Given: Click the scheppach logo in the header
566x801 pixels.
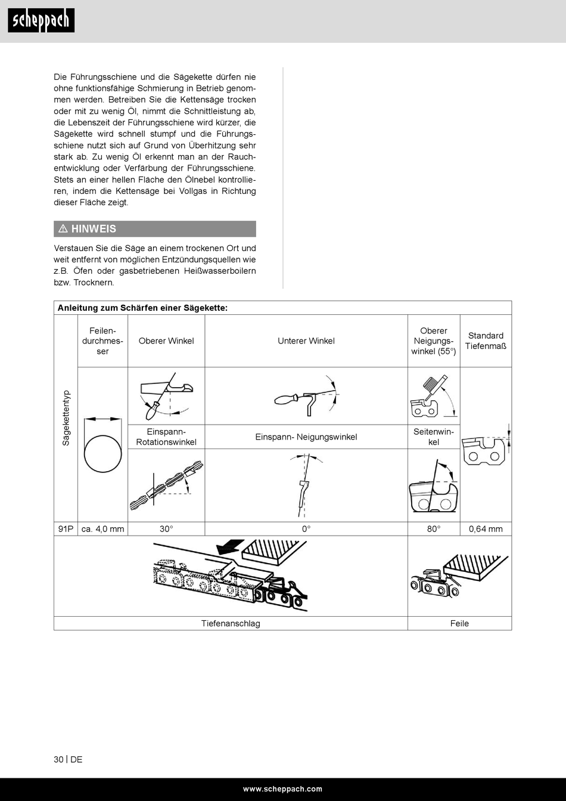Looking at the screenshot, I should [41, 21].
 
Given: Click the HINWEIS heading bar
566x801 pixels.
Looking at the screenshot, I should [155, 229].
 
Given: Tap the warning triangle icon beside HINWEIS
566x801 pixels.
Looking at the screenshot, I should [63, 229].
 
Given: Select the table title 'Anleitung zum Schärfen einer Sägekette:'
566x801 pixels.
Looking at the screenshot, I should [142, 308].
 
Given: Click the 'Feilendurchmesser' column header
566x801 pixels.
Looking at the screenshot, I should [102, 341].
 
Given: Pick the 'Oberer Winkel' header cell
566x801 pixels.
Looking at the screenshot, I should [166, 341].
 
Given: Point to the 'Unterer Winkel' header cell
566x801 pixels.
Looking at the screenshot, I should [306, 341].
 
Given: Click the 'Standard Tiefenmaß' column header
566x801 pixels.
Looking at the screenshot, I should [486, 341].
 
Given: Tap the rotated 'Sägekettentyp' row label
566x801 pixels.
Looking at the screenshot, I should [66, 418].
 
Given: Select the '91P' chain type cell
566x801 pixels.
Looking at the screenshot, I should [66, 529].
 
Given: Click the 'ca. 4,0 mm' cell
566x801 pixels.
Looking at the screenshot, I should [102, 529].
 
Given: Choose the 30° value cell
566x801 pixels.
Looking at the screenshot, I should [166, 529].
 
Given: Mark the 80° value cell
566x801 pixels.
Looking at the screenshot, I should [434, 529].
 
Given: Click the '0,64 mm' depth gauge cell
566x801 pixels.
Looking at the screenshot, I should [486, 529].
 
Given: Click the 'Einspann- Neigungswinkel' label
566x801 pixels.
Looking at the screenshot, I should [306, 437].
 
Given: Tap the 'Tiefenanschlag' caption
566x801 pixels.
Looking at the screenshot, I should [231, 623].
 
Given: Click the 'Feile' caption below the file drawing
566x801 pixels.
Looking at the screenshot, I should [459, 623].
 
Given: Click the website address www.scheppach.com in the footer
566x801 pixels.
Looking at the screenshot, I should [282, 789].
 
